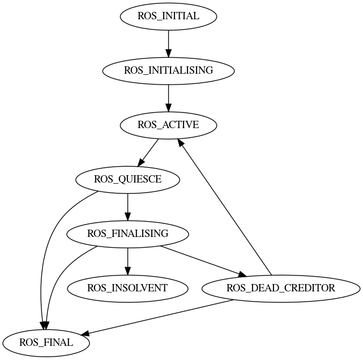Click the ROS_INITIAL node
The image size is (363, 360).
168,16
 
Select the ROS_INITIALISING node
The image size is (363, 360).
168,70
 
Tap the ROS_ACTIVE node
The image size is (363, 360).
168,125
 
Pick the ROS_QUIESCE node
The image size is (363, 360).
128,180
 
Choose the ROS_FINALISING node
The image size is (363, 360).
128,234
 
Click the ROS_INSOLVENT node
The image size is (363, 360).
128,288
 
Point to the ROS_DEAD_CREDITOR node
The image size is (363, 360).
281,288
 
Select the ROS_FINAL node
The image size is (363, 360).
46,342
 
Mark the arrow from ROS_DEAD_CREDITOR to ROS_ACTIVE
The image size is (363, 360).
227,210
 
